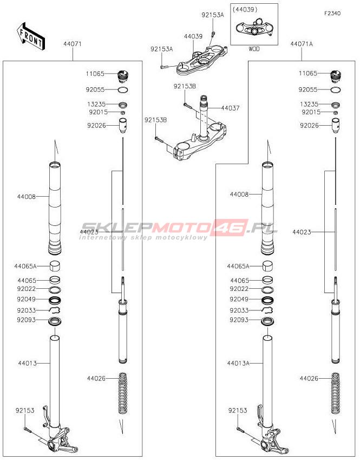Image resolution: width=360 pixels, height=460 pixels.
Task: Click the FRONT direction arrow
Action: pyautogui.click(x=30, y=36)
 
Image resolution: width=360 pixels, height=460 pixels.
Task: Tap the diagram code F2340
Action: pyautogui.click(x=332, y=14)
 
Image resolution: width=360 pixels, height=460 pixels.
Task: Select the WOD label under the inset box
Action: pyautogui.click(x=254, y=49)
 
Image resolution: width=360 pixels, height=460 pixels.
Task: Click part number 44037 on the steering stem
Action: pyautogui.click(x=230, y=108)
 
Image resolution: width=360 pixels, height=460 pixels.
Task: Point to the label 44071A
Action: pyautogui.click(x=302, y=44)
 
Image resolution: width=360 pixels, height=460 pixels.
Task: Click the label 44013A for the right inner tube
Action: pyautogui.click(x=238, y=363)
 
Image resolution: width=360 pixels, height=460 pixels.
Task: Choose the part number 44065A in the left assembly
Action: pyautogui.click(x=25, y=267)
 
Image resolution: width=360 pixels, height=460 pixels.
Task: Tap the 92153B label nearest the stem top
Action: pyautogui.click(x=185, y=86)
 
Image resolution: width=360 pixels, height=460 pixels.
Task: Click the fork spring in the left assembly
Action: pyautogui.click(x=123, y=393)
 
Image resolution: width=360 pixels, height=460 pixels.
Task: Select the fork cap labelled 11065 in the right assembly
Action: pyautogui.click(x=336, y=76)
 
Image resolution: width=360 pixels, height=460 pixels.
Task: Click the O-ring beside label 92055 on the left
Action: pyautogui.click(x=123, y=90)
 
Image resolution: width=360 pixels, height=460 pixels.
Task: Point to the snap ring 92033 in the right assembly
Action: pyautogui.click(x=267, y=310)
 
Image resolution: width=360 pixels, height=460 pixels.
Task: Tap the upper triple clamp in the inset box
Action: pyautogui.click(x=254, y=27)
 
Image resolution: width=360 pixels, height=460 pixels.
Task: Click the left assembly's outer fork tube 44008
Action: pyautogui.click(x=55, y=208)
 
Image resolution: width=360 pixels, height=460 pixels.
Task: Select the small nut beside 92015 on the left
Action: pyautogui.click(x=123, y=112)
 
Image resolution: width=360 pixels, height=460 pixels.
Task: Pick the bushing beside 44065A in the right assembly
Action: pyautogui.click(x=267, y=266)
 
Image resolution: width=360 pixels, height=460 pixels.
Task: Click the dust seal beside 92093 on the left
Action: pyautogui.click(x=55, y=321)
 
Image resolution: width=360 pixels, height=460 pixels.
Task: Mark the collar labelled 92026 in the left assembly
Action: pyautogui.click(x=123, y=126)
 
